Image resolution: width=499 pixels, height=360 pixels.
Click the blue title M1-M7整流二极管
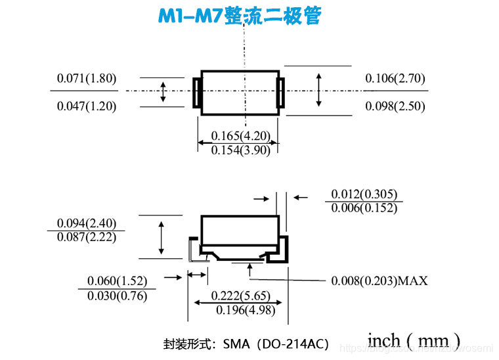(239, 16)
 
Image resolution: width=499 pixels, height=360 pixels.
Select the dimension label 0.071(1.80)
(87, 78)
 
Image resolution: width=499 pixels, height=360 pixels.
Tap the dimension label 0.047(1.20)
(87, 106)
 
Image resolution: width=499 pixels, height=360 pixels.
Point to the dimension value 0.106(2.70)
(395, 78)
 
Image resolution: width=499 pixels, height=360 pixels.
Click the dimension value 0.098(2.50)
(395, 106)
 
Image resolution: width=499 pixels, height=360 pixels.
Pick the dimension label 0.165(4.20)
(240, 136)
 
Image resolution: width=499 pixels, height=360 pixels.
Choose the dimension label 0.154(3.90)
(240, 150)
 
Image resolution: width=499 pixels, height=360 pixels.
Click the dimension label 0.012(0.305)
(364, 194)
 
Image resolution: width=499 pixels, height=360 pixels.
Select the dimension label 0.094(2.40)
(87, 223)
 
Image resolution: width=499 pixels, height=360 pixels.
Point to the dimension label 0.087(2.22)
(87, 237)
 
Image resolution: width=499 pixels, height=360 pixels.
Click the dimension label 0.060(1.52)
(117, 281)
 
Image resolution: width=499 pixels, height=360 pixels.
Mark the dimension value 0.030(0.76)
(117, 296)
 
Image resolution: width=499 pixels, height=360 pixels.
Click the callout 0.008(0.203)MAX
(379, 281)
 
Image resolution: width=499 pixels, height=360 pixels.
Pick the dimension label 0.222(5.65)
(240, 296)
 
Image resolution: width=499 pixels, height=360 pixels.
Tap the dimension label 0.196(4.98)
(240, 310)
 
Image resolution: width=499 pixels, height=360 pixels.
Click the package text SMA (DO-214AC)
(275, 344)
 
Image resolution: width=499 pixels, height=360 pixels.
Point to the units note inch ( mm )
(413, 341)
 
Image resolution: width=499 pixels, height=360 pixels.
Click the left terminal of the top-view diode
(195, 93)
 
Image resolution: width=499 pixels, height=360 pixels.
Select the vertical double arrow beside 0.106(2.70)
(318, 90)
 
